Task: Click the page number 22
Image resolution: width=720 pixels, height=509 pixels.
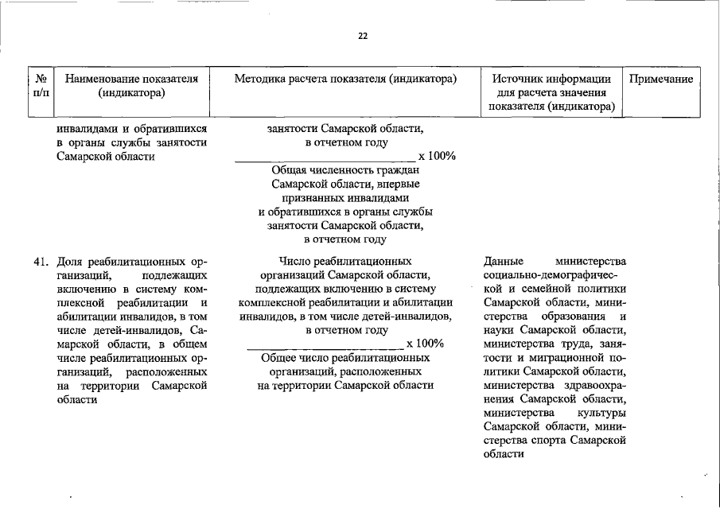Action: (363, 36)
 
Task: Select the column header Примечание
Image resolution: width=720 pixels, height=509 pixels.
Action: (661, 79)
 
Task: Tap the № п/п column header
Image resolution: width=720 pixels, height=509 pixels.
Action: (41, 86)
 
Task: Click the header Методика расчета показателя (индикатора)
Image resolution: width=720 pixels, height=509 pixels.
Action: (345, 79)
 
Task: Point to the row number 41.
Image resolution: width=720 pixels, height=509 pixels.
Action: (43, 261)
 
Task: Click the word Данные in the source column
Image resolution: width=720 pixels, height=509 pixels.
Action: (503, 261)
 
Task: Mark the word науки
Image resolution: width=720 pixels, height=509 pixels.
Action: (499, 330)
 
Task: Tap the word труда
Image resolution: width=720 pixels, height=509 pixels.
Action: (573, 344)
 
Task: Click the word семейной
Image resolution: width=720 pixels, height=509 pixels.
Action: (551, 289)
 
